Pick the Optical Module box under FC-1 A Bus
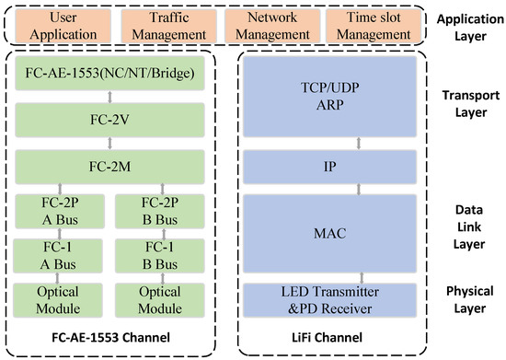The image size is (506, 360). point(60,300)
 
